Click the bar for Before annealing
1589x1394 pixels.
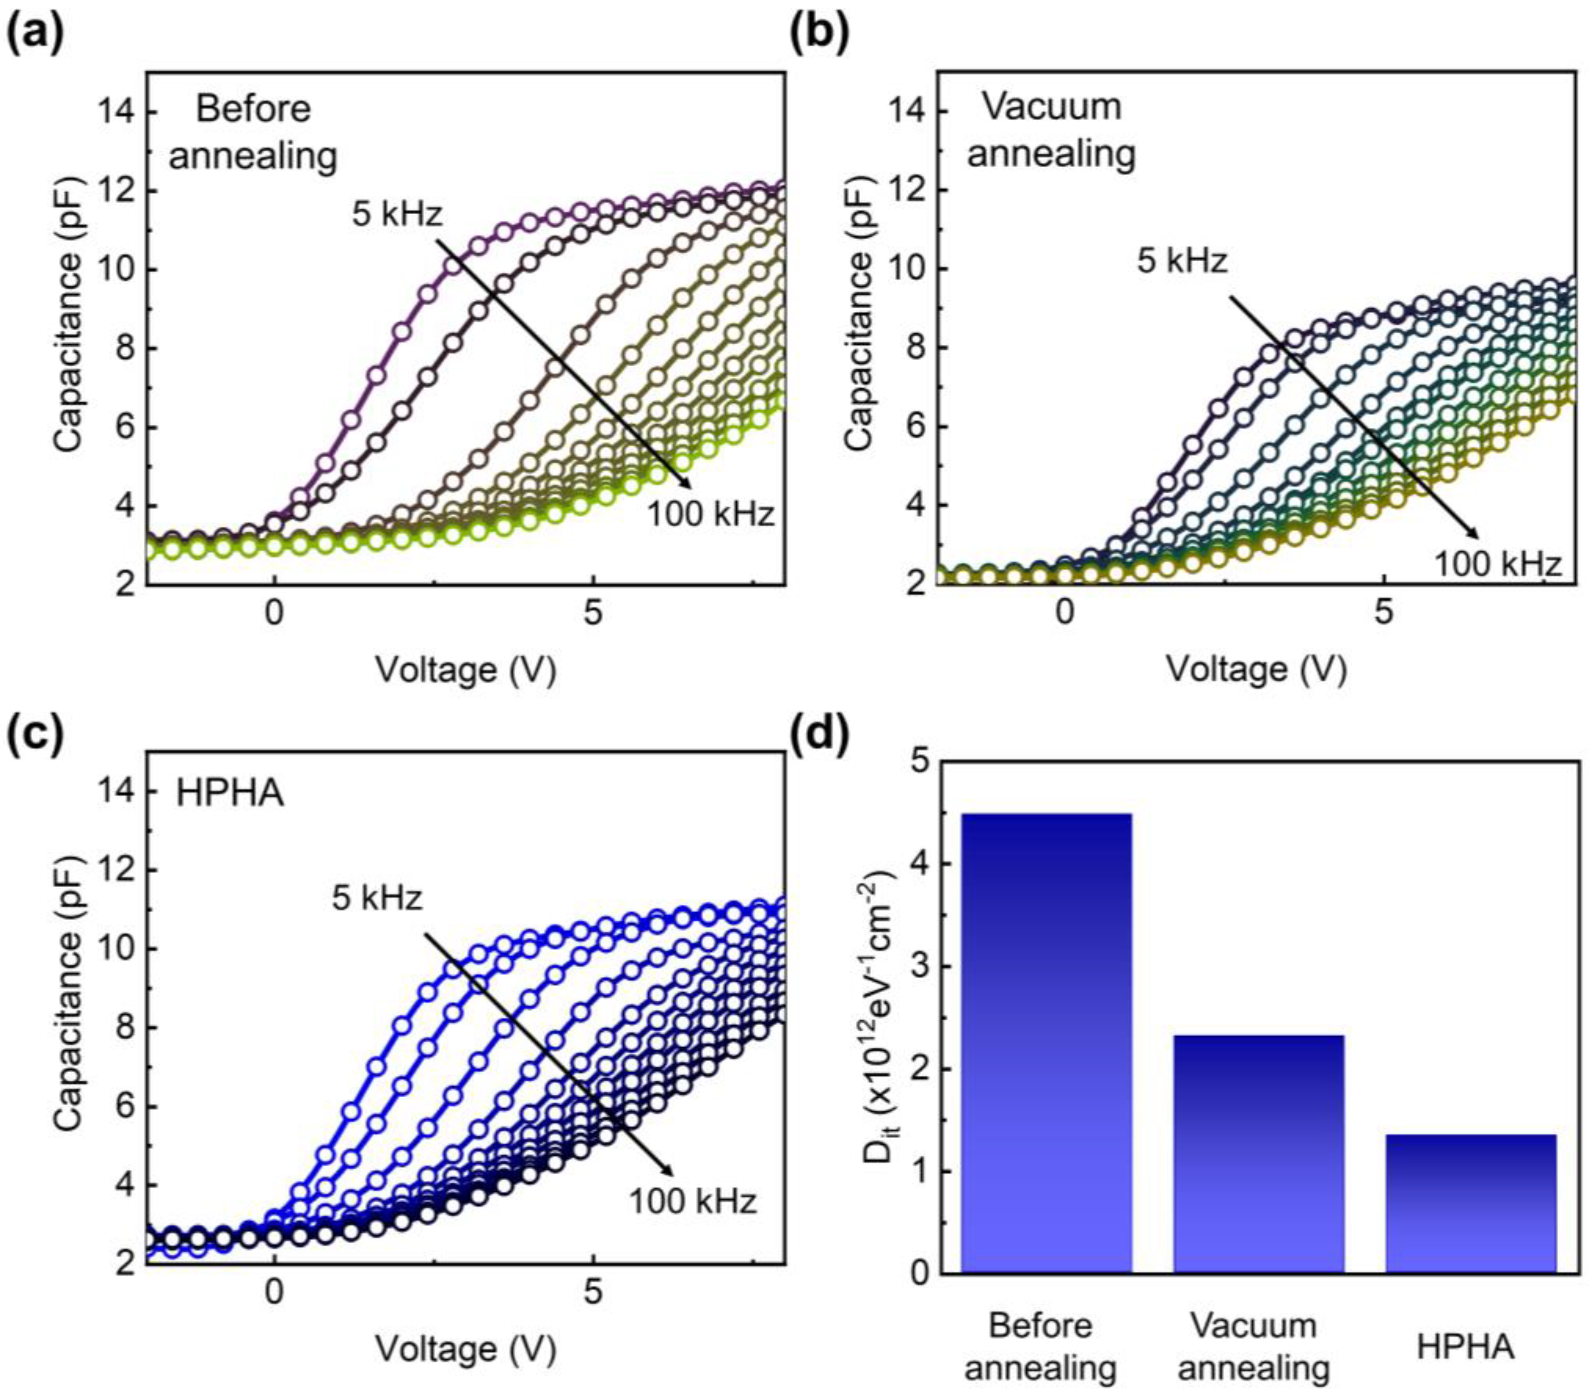click(1047, 1042)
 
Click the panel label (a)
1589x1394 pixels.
click(36, 35)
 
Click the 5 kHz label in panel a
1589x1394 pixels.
click(397, 213)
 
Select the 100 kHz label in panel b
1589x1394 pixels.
click(1497, 564)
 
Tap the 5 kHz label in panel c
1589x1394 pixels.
click(378, 898)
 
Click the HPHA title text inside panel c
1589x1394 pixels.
click(230, 794)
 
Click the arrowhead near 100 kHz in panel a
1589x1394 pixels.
click(686, 484)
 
